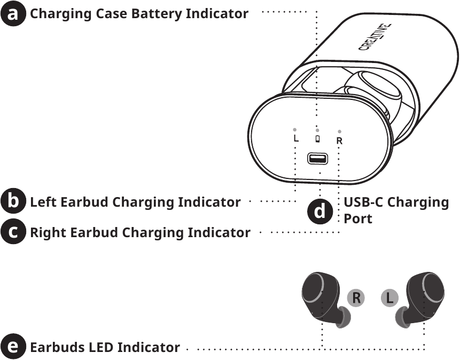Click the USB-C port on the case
coord(318,159)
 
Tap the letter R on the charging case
coord(339,141)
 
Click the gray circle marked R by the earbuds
coord(356,298)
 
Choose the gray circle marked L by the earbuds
coord(390,298)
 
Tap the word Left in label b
coord(44,202)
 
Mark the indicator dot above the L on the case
coord(295,129)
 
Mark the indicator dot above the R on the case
coord(340,131)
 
